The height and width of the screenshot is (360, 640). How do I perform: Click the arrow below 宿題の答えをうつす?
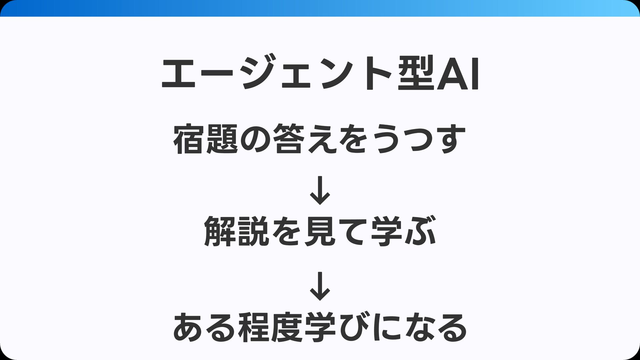tap(320, 190)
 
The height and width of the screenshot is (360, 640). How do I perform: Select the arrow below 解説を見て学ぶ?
tap(320, 286)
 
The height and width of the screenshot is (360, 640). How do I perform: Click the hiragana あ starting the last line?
tap(189, 328)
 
